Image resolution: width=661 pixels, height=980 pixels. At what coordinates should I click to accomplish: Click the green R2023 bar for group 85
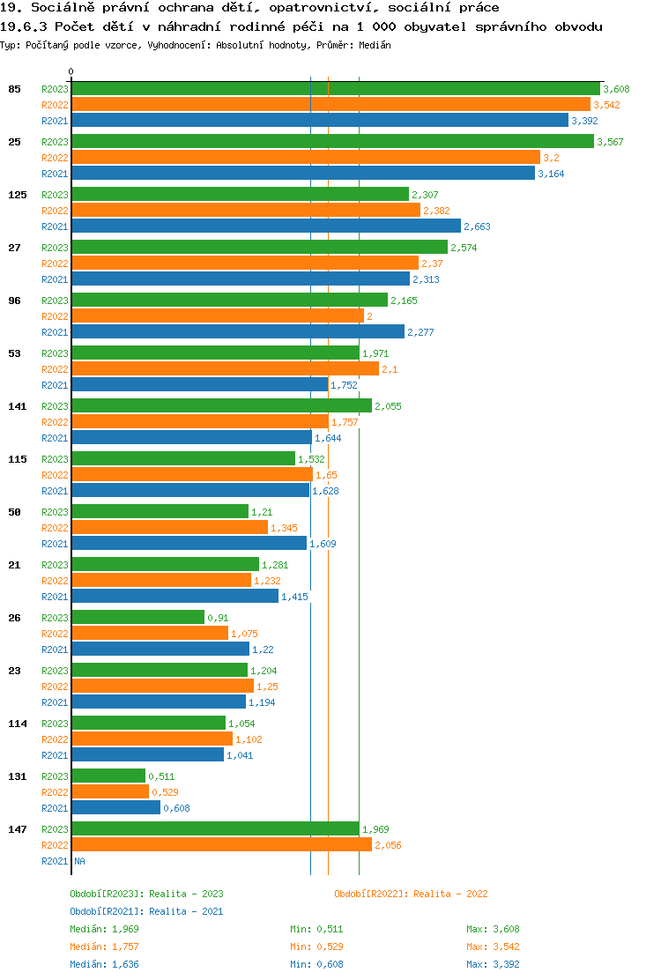(x=335, y=88)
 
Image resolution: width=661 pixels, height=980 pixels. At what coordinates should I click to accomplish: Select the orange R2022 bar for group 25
(x=305, y=157)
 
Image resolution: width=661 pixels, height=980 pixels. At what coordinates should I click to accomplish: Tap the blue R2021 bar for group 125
(x=265, y=226)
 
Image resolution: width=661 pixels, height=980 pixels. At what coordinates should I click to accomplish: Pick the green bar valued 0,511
(x=108, y=776)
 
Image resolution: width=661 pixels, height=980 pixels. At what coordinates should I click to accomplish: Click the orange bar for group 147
(x=221, y=844)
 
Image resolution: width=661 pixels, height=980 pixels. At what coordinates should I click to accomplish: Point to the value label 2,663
(x=477, y=226)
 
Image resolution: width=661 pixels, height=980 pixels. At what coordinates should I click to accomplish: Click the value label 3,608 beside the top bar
(x=616, y=89)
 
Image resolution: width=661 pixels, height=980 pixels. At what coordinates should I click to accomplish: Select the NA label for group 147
(x=79, y=861)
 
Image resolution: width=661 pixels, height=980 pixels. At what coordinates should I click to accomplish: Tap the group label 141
(x=17, y=406)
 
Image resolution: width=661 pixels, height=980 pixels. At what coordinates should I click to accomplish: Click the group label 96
(x=14, y=301)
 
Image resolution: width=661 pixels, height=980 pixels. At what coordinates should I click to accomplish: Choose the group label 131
(x=17, y=776)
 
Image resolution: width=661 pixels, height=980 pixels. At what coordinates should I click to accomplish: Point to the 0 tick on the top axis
(x=71, y=71)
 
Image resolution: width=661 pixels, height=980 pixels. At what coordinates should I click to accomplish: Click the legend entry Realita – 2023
(x=146, y=894)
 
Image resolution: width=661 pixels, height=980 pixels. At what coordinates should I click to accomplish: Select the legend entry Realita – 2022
(x=411, y=894)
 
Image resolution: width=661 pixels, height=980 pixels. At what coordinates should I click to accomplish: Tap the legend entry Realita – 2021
(x=146, y=911)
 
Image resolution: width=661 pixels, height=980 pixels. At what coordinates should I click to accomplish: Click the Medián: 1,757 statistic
(x=104, y=947)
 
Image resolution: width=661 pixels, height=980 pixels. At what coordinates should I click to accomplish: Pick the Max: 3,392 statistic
(x=493, y=964)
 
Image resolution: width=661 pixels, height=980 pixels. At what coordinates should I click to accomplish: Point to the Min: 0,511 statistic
(x=316, y=929)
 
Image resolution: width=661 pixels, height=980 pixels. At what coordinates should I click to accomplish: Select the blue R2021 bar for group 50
(x=189, y=543)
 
